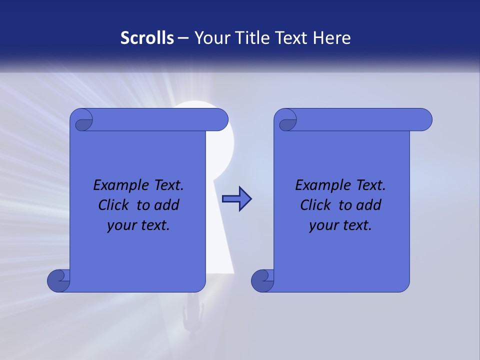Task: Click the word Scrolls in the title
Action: tap(147, 38)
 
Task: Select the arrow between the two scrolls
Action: tap(236, 199)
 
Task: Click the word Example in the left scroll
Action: tap(117, 185)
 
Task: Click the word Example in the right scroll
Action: tap(319, 185)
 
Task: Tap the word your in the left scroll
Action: tap(120, 225)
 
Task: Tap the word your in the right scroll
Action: tap(322, 225)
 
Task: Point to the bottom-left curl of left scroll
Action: tap(58, 280)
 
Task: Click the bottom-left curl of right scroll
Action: tap(262, 280)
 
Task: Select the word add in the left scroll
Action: tap(167, 205)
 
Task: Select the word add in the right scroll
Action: tap(369, 205)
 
